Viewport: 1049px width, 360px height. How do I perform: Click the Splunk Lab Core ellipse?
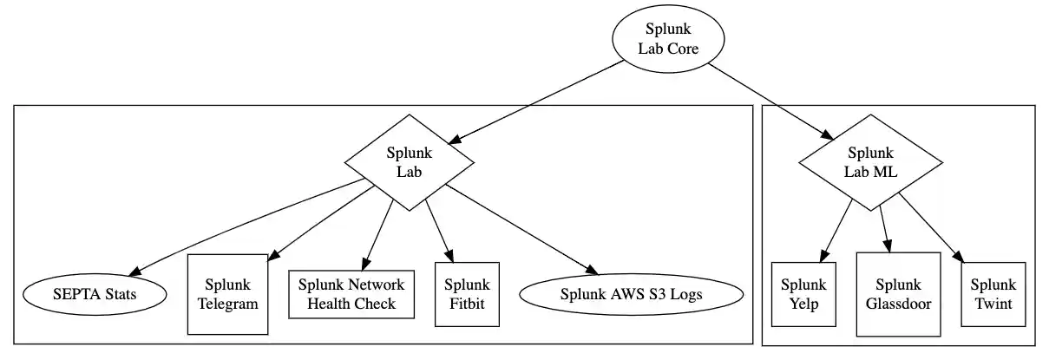pos(667,40)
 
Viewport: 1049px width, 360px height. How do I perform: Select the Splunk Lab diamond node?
pos(409,162)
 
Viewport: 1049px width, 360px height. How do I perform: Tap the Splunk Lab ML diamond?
pos(869,162)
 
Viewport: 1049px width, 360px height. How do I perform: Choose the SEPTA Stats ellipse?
pos(93,295)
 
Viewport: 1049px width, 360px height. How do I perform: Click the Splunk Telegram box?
pos(227,294)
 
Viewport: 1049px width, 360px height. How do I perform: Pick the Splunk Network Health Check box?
pos(351,294)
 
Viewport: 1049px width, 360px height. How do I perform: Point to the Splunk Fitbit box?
pos(467,294)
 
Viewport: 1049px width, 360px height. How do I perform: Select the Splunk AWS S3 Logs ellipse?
pos(631,295)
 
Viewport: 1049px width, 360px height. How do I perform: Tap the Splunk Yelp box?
pos(803,294)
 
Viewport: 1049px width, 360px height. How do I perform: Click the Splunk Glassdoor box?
pos(898,294)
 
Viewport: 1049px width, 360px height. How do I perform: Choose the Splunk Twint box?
pos(993,294)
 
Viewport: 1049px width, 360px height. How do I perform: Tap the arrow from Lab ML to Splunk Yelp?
pos(834,229)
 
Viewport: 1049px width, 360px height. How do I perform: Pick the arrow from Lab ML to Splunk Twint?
pos(931,227)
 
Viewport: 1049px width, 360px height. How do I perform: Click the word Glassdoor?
pos(898,304)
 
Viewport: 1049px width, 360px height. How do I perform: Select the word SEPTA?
pos(73,295)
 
